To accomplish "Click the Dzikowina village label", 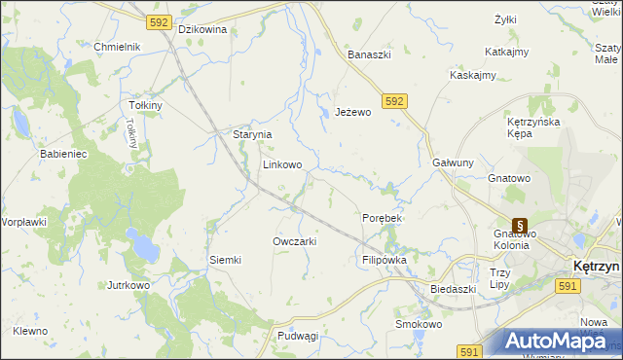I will [x=202, y=29].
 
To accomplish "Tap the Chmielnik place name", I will [x=118, y=47].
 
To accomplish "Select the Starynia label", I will [x=251, y=134].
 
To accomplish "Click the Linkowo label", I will [x=282, y=165].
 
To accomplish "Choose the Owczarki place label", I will [x=294, y=241].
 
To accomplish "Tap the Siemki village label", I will [x=225, y=260].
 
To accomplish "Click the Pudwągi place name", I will [x=298, y=336].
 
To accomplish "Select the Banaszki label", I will [x=370, y=54].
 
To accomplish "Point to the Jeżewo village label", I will [x=353, y=112].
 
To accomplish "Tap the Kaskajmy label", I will [x=473, y=75].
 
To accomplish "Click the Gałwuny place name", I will [x=452, y=162].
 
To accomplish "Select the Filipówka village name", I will [x=384, y=261].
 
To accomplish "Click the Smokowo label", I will [x=419, y=324].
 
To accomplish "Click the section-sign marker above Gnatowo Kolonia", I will [x=519, y=224].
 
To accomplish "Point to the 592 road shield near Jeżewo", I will [x=394, y=100].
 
